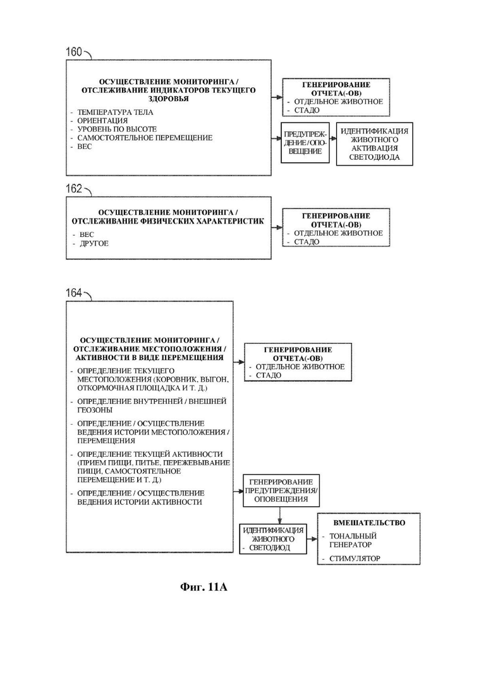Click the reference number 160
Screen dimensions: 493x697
tap(74, 52)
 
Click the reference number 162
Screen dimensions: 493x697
tap(74, 189)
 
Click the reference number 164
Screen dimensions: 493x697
tap(74, 293)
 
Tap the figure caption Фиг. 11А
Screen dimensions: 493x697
tap(204, 587)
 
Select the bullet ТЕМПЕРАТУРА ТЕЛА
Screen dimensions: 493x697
tap(115, 112)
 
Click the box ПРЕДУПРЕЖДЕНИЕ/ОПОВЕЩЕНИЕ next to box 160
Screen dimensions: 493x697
tap(305, 143)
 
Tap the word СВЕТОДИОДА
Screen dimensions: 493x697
tap(374, 157)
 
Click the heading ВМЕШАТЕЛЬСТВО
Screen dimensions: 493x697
tap(369, 523)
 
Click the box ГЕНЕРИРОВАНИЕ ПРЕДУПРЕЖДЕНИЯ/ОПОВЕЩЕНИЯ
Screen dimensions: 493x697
tap(281, 491)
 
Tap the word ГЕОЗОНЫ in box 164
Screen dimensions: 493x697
tap(95, 410)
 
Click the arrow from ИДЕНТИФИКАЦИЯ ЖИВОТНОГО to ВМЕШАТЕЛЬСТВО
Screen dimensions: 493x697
tap(312, 539)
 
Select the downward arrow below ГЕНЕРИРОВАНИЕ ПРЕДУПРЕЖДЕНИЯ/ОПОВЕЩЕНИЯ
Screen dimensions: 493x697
tap(279, 516)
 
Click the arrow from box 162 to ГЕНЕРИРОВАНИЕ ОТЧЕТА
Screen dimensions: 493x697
tap(277, 227)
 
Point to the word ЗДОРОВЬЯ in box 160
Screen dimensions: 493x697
tap(168, 99)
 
